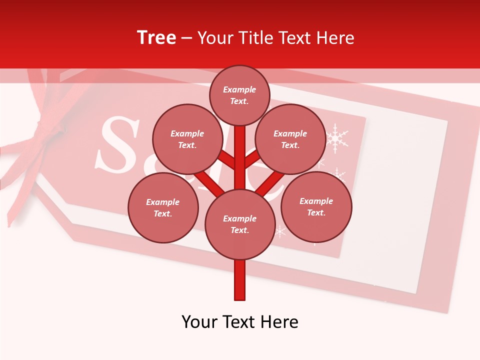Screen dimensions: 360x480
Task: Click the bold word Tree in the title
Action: (x=156, y=37)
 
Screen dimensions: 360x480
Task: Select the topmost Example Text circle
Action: (x=239, y=95)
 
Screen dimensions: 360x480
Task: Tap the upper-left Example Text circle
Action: (x=187, y=139)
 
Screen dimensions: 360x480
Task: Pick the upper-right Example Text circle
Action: (x=290, y=139)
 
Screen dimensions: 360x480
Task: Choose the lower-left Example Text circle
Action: (x=163, y=208)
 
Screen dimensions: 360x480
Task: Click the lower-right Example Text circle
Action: (x=316, y=207)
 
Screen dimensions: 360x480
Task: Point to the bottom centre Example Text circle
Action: (x=240, y=224)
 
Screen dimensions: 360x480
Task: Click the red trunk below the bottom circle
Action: (x=240, y=280)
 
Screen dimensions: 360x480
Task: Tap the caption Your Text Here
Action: (x=240, y=321)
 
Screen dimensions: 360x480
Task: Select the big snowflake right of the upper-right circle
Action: (x=337, y=138)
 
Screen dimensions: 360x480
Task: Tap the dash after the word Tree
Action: (x=186, y=38)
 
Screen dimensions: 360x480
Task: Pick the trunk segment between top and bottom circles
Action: (x=240, y=160)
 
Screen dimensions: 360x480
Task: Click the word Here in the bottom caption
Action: (x=280, y=321)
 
